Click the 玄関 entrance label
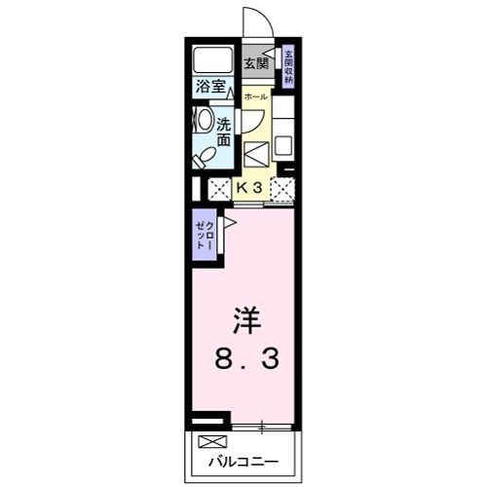click(256, 64)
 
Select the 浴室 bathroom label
click(210, 87)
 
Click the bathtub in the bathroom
click(209, 57)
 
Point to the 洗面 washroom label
click(223, 131)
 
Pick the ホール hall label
click(255, 98)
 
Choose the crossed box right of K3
click(282, 188)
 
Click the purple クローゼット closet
click(206, 237)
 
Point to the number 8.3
click(247, 360)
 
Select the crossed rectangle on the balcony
click(209, 441)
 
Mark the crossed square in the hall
click(256, 154)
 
